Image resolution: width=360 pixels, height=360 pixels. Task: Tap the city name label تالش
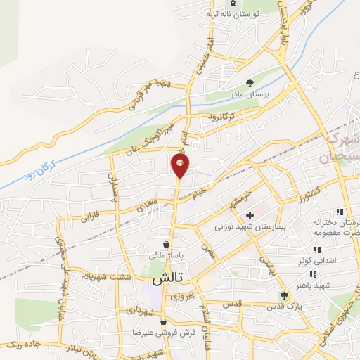click(x=167, y=279)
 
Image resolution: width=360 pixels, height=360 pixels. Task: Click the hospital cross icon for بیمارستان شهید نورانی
click(x=250, y=214)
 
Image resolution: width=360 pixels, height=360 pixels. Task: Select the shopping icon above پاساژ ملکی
click(x=165, y=244)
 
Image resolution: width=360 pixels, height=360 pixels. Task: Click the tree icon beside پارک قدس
click(x=284, y=296)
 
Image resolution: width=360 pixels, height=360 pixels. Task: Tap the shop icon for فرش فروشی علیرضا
click(x=163, y=321)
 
